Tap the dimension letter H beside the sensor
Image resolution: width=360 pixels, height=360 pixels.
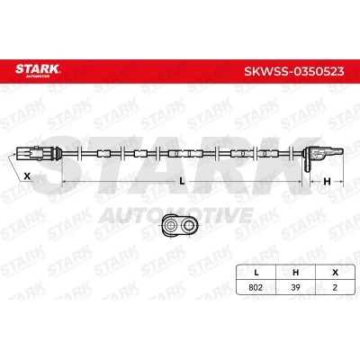coord(327,182)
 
